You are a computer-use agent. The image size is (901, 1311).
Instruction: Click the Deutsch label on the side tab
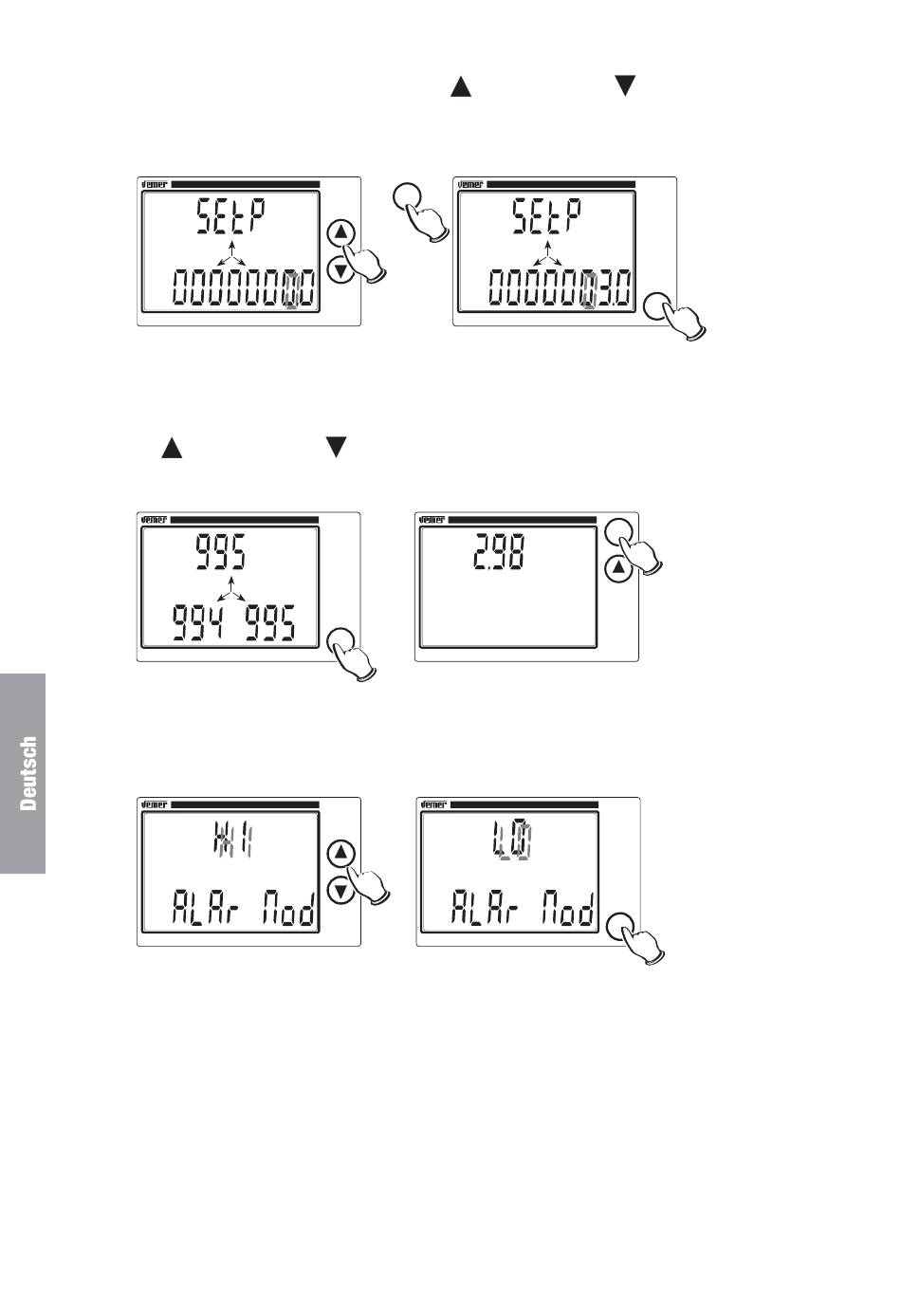(x=28, y=773)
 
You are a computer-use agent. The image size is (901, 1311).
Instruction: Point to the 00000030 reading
(x=560, y=288)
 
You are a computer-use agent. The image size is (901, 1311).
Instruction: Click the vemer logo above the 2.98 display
(x=432, y=520)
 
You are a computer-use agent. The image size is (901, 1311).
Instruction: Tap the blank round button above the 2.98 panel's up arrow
(x=617, y=533)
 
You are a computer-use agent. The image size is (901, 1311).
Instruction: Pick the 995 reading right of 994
(x=267, y=624)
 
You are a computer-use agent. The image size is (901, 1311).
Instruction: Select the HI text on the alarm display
(x=231, y=841)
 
